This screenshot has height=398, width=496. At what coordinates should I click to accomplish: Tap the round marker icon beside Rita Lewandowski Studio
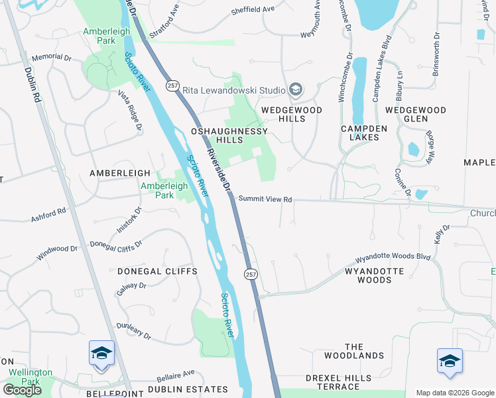(x=296, y=90)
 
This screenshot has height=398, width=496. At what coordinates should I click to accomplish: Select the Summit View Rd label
(x=265, y=199)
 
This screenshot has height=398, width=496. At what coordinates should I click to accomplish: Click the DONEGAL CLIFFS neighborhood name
(x=157, y=272)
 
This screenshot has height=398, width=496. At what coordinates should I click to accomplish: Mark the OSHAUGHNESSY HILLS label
(x=217, y=136)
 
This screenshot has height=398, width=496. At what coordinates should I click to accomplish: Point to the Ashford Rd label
(x=48, y=215)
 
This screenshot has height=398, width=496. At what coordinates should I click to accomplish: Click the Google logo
(x=22, y=389)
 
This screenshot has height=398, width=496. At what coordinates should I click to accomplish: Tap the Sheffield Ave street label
(x=253, y=10)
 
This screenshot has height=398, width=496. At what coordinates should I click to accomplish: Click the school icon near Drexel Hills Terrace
(x=449, y=362)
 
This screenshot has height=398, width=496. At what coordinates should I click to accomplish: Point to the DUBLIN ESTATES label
(x=178, y=389)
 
